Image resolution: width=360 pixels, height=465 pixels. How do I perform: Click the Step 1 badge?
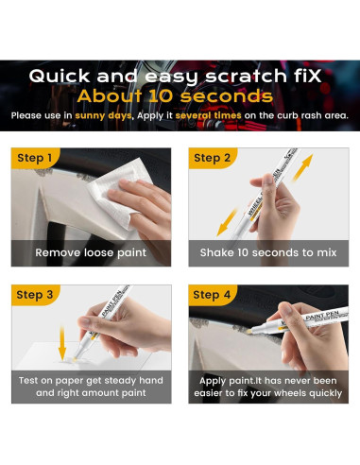[x=36, y=158]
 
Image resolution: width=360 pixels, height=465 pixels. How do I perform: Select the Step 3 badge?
[x=36, y=295]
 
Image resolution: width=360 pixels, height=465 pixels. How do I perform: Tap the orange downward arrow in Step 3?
[x=61, y=341]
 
